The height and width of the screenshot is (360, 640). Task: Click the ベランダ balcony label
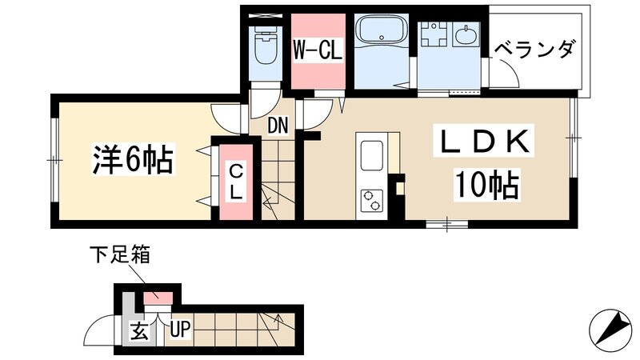click(534, 50)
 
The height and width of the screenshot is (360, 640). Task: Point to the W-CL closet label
click(318, 51)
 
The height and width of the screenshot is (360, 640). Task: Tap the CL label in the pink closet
click(237, 182)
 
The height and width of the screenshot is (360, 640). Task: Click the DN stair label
click(277, 125)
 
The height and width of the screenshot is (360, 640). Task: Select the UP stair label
click(178, 330)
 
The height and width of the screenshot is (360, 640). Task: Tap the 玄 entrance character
click(138, 330)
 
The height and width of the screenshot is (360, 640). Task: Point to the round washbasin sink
click(466, 36)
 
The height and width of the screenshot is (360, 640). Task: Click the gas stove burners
click(372, 200)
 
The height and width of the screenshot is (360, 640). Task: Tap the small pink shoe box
click(158, 298)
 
